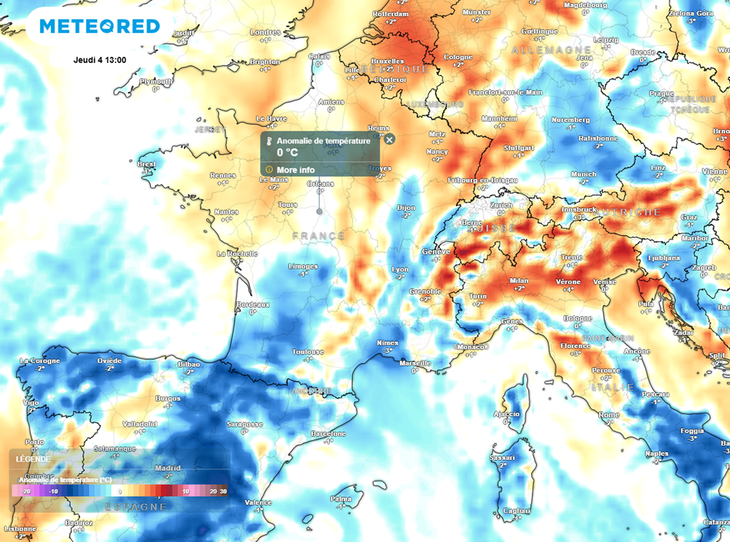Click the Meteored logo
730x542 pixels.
coord(99,26)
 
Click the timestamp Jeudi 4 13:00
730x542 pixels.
coord(100,59)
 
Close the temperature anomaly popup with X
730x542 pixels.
coord(389,140)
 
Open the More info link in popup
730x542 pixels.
coord(296,170)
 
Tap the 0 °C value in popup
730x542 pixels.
coord(287,152)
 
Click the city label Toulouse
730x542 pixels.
coord(308,352)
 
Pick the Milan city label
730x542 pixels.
coord(519,281)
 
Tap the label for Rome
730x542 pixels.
coord(609,414)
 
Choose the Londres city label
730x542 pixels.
coord(265,32)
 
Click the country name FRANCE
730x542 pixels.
coord(319,235)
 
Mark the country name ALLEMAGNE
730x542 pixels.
coord(547,51)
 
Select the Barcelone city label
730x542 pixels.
coord(328,434)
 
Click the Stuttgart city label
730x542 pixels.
coord(518,148)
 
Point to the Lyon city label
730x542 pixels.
coord(400,269)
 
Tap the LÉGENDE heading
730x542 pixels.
coord(34,459)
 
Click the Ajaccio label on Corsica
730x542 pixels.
coord(506,414)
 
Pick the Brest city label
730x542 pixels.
coord(146,164)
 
